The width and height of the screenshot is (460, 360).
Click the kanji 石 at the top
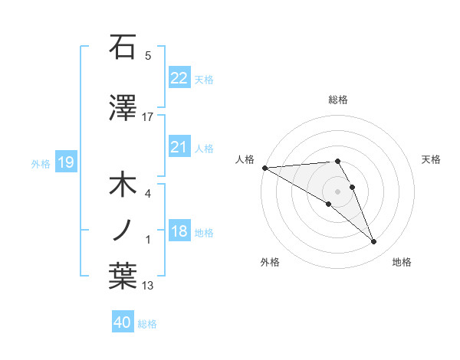tap(123, 47)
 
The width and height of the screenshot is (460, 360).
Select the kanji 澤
tap(123, 109)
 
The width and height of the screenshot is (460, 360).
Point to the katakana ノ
tap(123, 230)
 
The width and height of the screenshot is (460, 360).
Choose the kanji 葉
tap(123, 277)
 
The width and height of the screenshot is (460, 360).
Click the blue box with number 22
tap(179, 78)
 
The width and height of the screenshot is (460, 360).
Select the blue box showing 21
tap(179, 147)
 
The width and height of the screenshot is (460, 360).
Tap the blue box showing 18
tap(179, 232)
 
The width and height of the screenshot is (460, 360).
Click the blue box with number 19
tap(65, 162)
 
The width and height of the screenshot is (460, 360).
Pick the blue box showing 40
tap(123, 322)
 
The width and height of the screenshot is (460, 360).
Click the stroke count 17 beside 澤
tap(148, 117)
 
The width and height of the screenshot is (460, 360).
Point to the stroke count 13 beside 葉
tap(148, 286)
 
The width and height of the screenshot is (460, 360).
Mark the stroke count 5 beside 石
tap(148, 55)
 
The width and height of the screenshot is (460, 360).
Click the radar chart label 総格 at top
tap(337, 100)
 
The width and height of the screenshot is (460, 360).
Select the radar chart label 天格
tap(431, 159)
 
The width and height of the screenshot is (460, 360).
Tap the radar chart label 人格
tap(245, 159)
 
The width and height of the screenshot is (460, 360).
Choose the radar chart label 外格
tap(270, 262)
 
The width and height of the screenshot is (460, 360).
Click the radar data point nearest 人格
tap(264, 168)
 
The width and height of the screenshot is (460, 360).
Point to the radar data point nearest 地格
tap(374, 242)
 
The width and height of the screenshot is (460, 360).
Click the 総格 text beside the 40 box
tap(147, 323)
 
